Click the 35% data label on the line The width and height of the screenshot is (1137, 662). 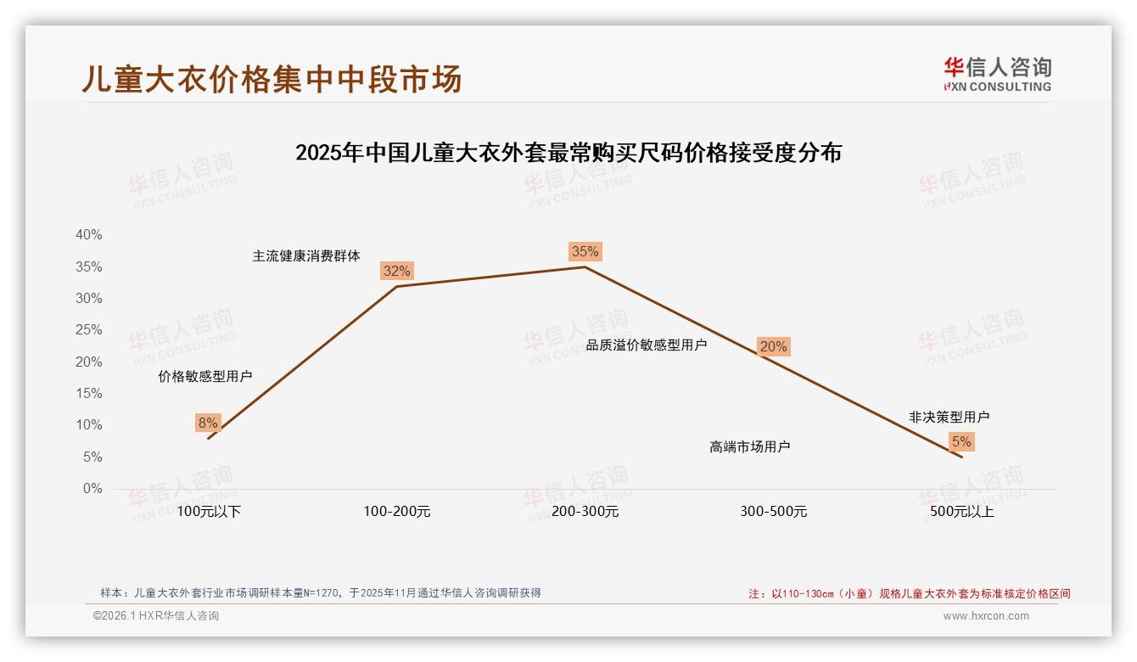[x=585, y=251]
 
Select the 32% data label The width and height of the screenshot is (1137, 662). [x=396, y=271]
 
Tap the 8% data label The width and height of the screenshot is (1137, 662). [x=208, y=423]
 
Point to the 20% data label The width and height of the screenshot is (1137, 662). [x=773, y=346]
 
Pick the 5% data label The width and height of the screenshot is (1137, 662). [x=961, y=441]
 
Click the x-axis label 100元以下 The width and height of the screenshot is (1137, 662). [x=209, y=512]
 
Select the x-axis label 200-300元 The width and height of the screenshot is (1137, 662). [x=585, y=512]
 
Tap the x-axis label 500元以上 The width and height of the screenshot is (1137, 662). [x=961, y=512]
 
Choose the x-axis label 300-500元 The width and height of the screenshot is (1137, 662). [x=773, y=512]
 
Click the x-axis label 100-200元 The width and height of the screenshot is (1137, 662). [x=396, y=512]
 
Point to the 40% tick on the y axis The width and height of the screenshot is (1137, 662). [x=88, y=235]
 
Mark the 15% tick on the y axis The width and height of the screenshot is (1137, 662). [x=88, y=394]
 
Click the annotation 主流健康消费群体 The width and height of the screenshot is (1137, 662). [x=306, y=255]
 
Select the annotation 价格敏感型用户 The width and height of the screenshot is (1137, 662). [x=205, y=376]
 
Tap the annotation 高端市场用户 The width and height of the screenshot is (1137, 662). [x=749, y=446]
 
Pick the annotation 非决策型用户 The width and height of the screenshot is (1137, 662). [x=949, y=417]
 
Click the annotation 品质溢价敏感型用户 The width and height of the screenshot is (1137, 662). [x=646, y=345]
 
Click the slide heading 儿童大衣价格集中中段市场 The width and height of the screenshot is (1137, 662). [x=272, y=79]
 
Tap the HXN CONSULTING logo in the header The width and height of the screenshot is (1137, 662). [x=997, y=75]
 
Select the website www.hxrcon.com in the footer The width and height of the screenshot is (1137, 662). [x=986, y=616]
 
